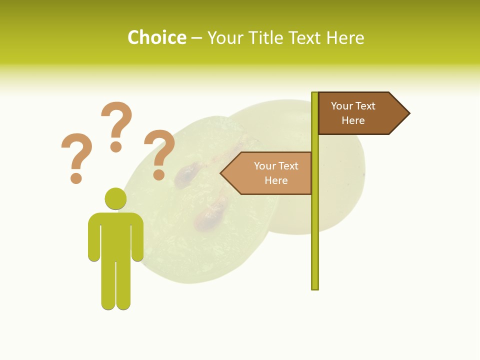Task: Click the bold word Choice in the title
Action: pyautogui.click(x=157, y=37)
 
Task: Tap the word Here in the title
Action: pyautogui.click(x=345, y=37)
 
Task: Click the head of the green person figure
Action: pyautogui.click(x=115, y=198)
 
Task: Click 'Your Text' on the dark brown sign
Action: pyautogui.click(x=353, y=106)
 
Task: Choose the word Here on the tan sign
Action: pyautogui.click(x=276, y=180)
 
